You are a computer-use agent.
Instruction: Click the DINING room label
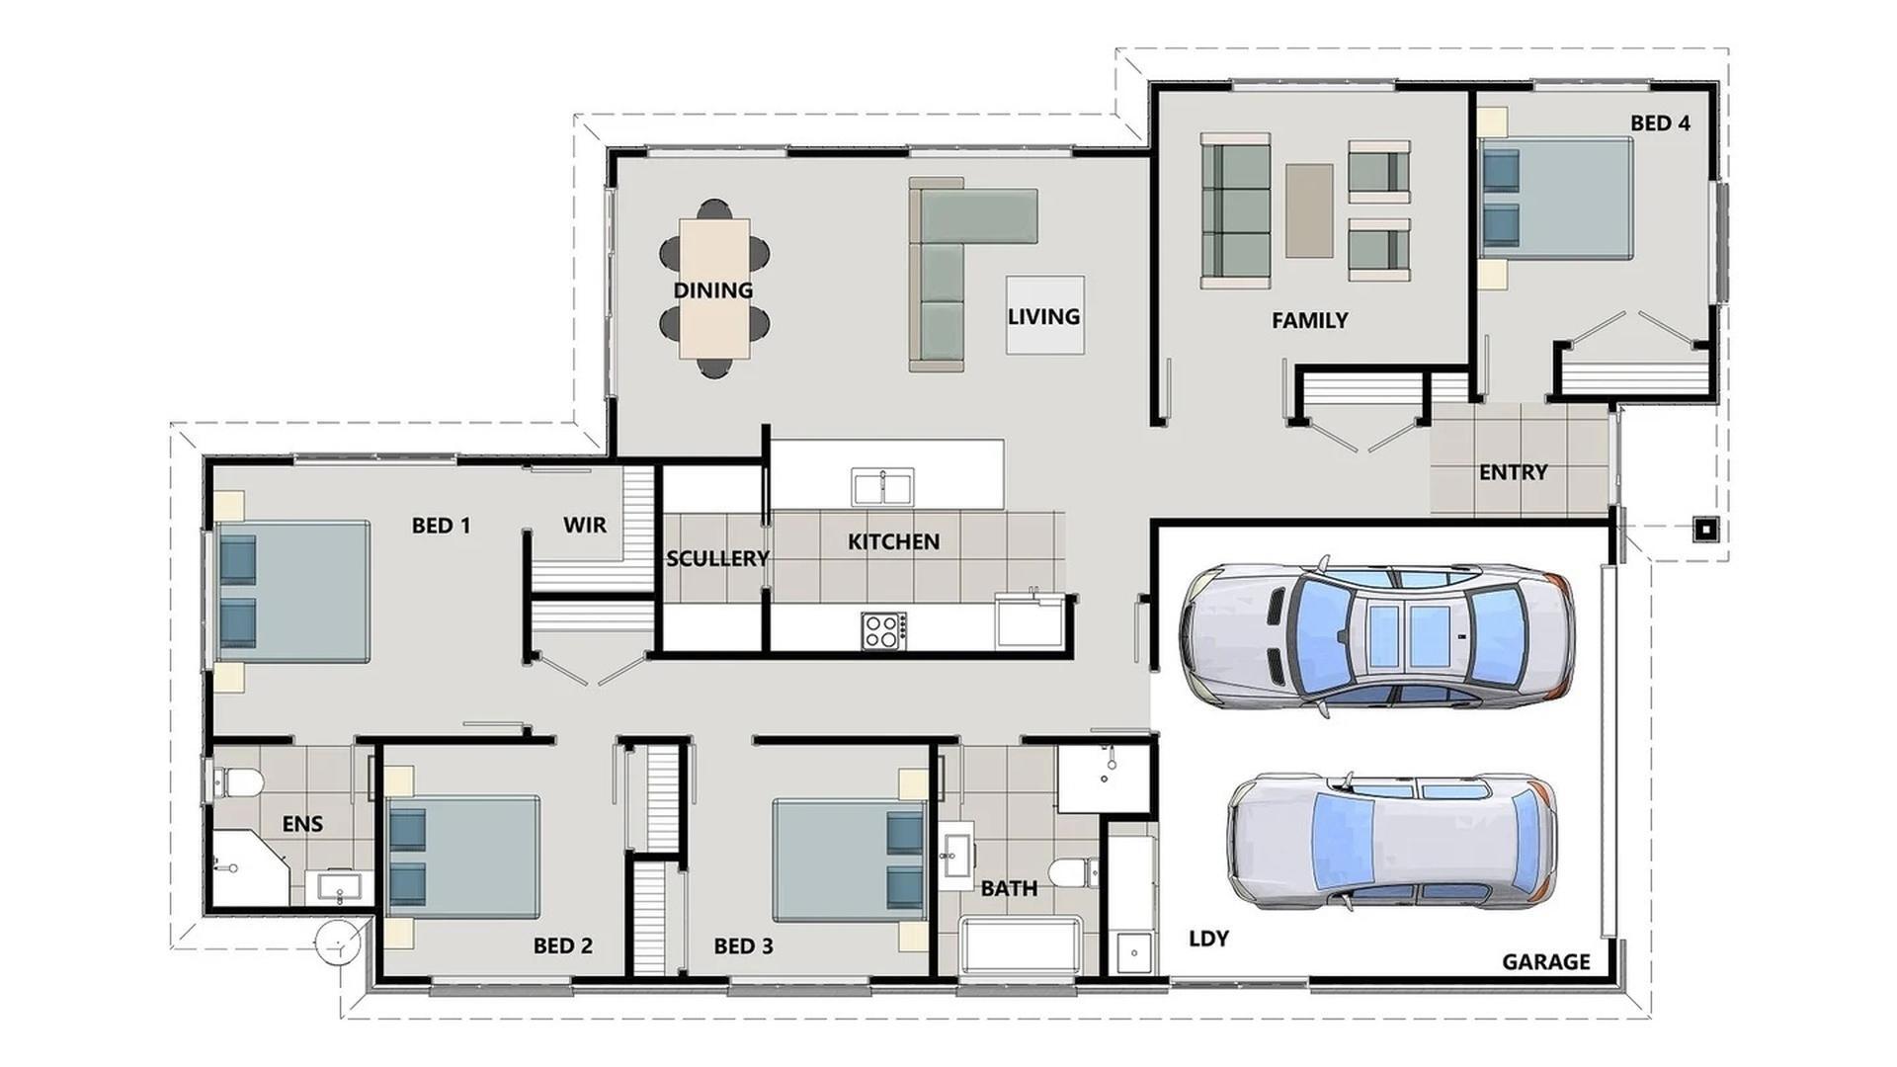[712, 290]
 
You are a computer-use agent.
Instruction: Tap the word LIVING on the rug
[1043, 316]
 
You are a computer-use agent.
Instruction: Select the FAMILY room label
[1309, 320]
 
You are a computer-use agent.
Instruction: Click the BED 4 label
[1660, 123]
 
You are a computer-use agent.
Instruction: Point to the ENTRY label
[1513, 472]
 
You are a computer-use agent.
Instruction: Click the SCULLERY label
[716, 559]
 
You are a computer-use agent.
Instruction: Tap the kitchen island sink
[882, 487]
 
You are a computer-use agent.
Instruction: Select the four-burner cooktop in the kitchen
[883, 630]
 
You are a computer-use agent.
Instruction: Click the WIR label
[585, 526]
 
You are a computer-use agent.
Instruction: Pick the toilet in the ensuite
[237, 783]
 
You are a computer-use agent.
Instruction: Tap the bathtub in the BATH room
[1021, 945]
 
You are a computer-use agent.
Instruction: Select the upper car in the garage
[1375, 635]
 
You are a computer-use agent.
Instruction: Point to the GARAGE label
[1545, 962]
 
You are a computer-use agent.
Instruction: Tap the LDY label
[1208, 939]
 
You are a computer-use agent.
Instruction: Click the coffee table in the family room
[1309, 210]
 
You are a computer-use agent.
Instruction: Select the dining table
[713, 288]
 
